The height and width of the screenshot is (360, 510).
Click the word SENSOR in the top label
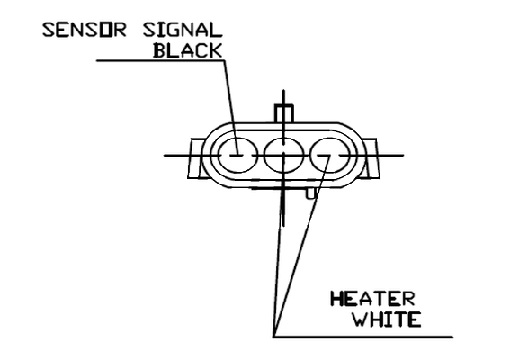tap(84, 30)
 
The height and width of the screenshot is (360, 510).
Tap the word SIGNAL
tap(183, 30)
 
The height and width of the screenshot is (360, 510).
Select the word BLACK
tap(188, 50)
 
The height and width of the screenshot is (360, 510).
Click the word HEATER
tap(372, 299)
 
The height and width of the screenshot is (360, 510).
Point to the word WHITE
tap(388, 319)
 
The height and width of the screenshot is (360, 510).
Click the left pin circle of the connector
tap(237, 156)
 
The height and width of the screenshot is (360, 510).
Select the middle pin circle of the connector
tap(284, 156)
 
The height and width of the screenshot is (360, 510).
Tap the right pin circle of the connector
tap(330, 156)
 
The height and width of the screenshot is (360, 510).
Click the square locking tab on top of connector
tap(284, 114)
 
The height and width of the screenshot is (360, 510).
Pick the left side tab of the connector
tap(196, 158)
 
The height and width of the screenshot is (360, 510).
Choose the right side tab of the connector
tap(371, 158)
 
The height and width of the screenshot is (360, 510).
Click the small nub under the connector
tap(311, 193)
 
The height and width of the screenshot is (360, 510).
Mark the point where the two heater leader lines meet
tap(273, 337)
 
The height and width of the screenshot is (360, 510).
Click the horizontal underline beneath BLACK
tap(160, 60)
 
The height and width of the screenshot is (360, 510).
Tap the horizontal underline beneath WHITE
tap(363, 337)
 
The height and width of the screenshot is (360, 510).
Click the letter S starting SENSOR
tap(49, 30)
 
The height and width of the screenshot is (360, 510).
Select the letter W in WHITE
tap(362, 319)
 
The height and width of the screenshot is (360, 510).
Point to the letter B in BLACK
tap(160, 50)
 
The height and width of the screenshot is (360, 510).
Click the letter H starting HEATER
tap(337, 299)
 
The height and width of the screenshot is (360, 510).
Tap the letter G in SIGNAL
tap(179, 30)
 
